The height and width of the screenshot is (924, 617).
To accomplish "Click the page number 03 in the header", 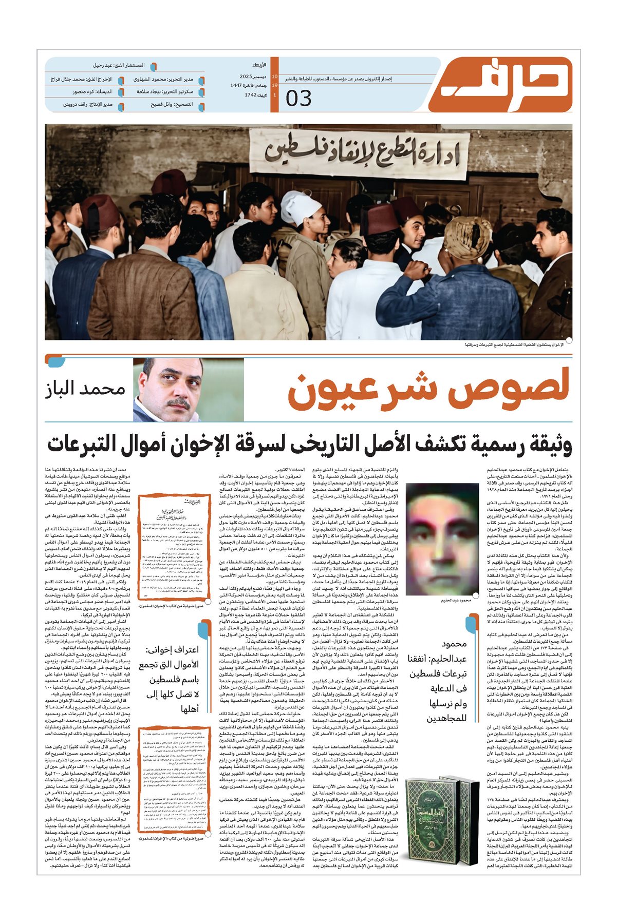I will tap(298, 98).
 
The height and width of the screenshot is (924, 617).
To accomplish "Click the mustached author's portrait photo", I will tap(170, 390).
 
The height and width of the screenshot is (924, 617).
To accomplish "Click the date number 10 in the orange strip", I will tap(275, 76).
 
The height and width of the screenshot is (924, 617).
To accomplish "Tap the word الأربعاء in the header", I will tap(259, 66).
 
